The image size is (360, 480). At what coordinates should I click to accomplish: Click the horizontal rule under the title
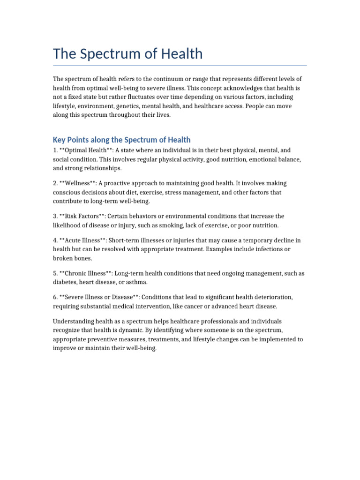click(x=180, y=66)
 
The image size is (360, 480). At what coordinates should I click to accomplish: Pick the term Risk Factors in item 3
click(x=82, y=216)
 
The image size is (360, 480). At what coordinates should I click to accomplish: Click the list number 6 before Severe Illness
click(x=55, y=297)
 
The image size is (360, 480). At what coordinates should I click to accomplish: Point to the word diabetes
click(x=65, y=282)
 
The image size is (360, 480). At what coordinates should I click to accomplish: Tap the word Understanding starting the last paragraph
click(x=74, y=322)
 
